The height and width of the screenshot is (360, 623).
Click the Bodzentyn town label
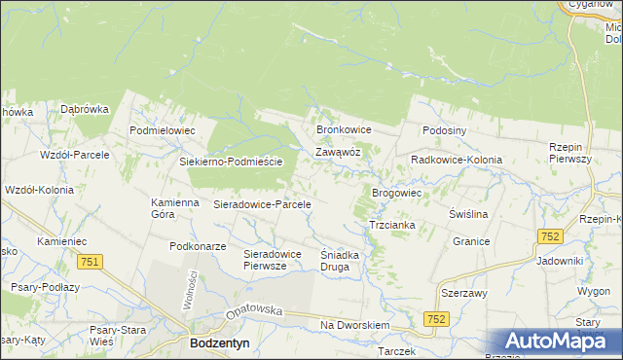[x=221, y=344]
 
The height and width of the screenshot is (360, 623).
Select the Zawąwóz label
[x=339, y=153]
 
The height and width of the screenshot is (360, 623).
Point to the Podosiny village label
[x=446, y=130]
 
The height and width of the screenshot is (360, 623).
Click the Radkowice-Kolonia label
[x=457, y=160]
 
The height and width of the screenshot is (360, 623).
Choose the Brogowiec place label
[x=396, y=194]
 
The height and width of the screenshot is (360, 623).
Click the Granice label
[x=471, y=240]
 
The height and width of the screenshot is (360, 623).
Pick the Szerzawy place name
[x=464, y=293]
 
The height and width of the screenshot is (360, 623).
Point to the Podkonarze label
[x=199, y=247]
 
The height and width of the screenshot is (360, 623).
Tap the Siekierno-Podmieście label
[x=231, y=162]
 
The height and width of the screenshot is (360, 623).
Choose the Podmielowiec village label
[x=164, y=130]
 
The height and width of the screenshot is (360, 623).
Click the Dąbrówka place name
[x=85, y=110]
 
